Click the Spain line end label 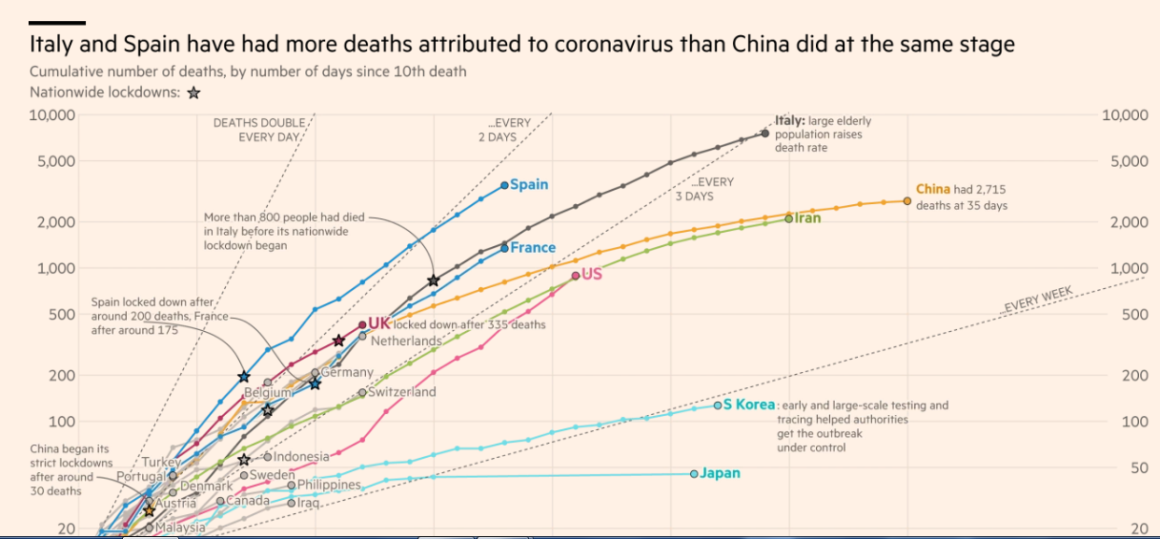(529, 184)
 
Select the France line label (533, 247)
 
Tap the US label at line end (592, 275)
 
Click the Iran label (807, 218)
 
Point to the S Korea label (749, 404)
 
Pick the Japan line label (720, 473)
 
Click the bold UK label (379, 323)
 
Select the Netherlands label (406, 341)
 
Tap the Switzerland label (402, 392)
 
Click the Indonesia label (301, 457)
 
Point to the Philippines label (329, 485)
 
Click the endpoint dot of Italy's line (765, 133)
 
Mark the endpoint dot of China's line (907, 201)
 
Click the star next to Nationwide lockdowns (193, 93)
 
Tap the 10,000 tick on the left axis (53, 115)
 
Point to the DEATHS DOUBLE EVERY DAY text (259, 130)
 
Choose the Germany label (346, 372)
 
